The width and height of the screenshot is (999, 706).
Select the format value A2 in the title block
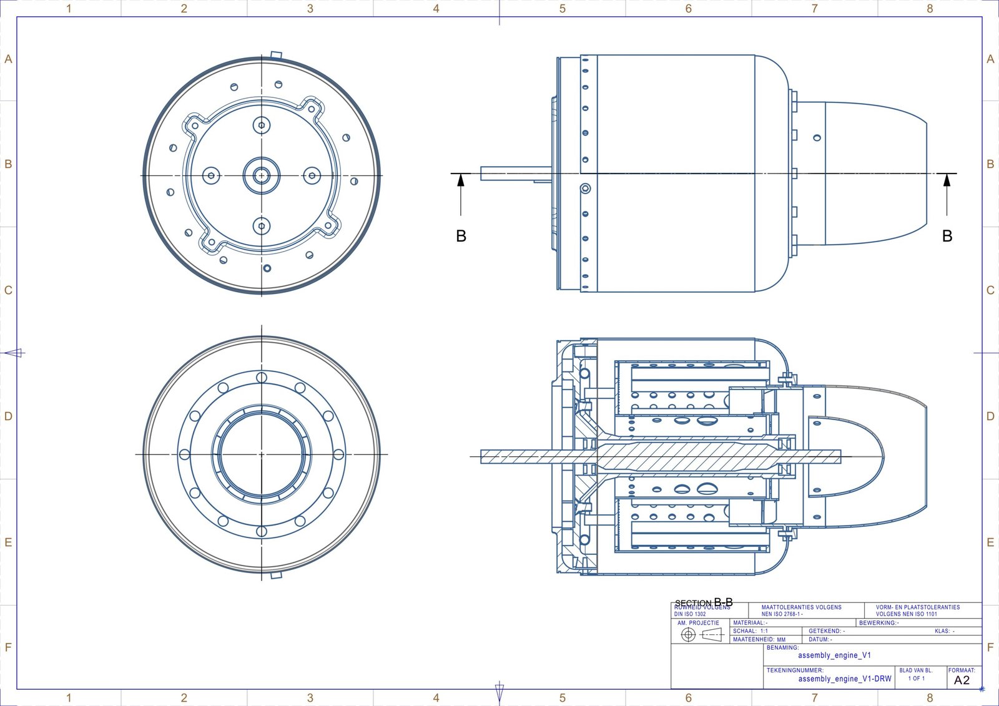[962, 680]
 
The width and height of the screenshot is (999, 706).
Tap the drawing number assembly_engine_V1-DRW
[845, 679]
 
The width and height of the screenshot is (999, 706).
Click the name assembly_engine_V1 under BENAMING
[834, 655]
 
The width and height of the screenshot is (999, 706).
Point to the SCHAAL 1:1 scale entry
[751, 631]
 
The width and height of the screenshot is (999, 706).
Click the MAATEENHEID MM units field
[759, 639]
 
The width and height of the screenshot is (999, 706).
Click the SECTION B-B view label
[704, 602]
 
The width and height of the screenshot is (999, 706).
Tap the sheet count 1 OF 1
[916, 679]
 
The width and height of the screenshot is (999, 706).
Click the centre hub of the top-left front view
[262, 176]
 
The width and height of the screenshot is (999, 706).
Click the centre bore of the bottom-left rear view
[262, 454]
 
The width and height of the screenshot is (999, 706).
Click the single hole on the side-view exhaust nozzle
[817, 137]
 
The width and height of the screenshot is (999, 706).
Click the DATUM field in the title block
[820, 639]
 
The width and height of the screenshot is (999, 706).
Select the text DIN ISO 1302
[690, 614]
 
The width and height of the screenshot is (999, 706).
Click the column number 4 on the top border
[436, 8]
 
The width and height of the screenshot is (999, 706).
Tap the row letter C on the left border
[8, 290]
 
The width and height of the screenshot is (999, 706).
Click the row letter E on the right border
[990, 542]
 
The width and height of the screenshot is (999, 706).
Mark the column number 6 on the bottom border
[688, 698]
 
